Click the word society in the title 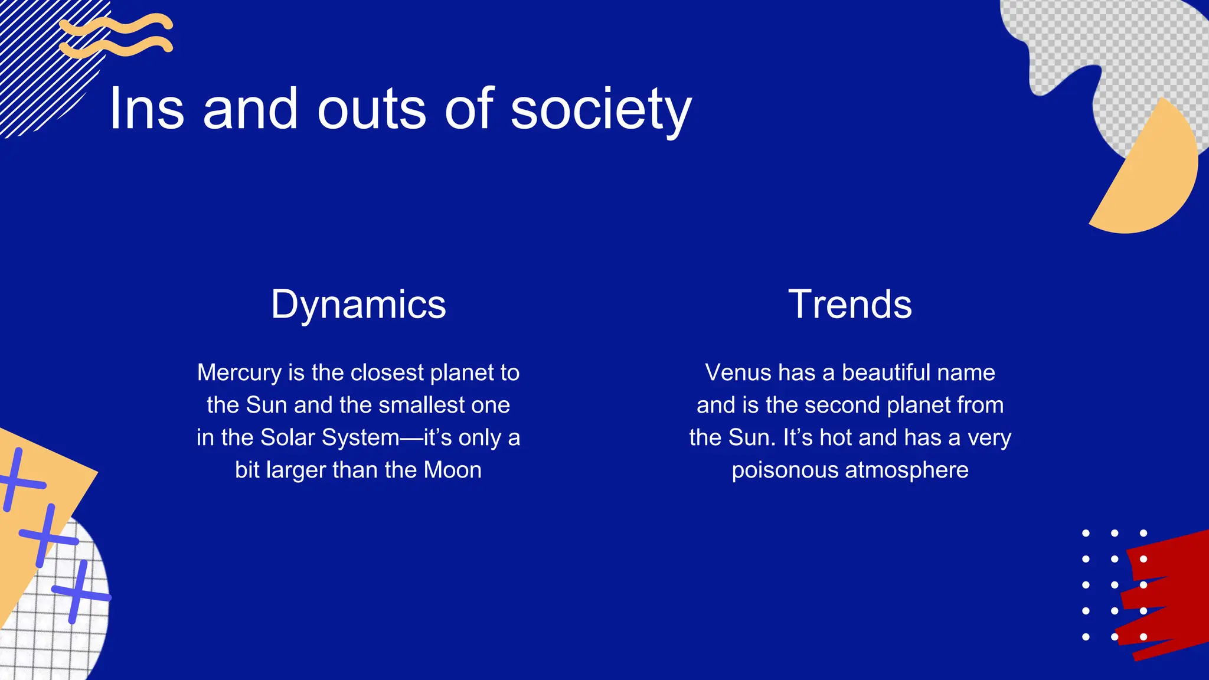tap(600, 110)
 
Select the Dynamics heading tap(358, 305)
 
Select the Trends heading tap(850, 305)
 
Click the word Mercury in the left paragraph tap(239, 373)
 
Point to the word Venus tap(738, 373)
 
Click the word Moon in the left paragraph tap(453, 470)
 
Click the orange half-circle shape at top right tap(1151, 177)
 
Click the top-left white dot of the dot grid tap(1086, 533)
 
